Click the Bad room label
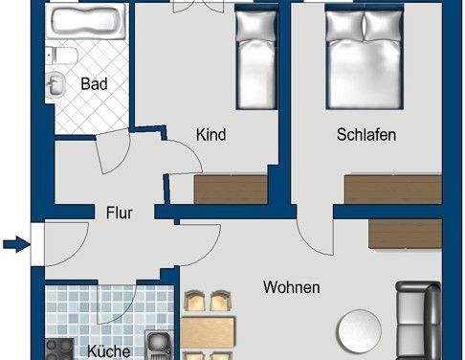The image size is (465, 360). (94, 84)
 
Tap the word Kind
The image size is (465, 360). (210, 135)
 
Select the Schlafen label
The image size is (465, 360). (365, 135)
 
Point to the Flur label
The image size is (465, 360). (119, 213)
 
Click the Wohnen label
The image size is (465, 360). (292, 286)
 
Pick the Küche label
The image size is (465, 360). (107, 351)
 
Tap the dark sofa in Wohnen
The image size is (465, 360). (418, 321)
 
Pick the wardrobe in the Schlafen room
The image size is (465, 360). (392, 189)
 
